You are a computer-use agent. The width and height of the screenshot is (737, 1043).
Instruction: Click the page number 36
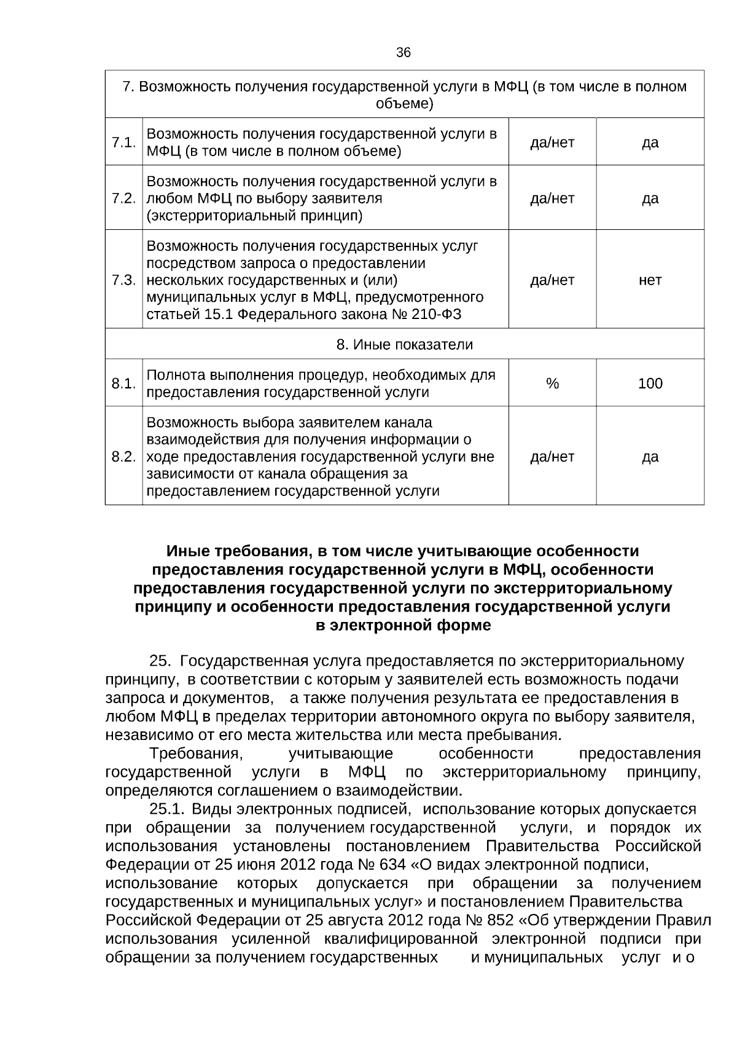pos(404,53)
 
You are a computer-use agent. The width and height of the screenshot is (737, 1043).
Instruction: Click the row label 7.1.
pos(123,143)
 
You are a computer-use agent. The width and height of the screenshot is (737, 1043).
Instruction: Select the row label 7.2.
pos(123,199)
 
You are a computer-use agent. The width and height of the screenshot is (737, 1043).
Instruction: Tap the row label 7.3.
pos(123,280)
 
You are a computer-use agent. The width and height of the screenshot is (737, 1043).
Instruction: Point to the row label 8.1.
pos(123,384)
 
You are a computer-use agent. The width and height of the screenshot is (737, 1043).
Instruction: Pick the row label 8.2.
pos(123,457)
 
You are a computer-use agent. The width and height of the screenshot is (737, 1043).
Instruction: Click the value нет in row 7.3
pos(650,280)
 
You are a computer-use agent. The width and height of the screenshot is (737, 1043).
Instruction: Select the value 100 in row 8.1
pos(650,384)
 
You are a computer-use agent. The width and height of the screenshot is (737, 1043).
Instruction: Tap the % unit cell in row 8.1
pos(552,384)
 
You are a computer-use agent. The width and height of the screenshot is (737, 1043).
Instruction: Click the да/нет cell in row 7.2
pos(552,199)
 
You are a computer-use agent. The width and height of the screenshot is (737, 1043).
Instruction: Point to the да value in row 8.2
pos(650,457)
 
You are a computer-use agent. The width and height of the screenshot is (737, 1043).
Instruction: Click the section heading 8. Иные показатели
pos(404,344)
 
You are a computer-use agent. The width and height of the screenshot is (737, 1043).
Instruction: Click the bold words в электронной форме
pos(403,626)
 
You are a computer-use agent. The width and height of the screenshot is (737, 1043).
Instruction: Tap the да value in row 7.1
pos(650,143)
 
